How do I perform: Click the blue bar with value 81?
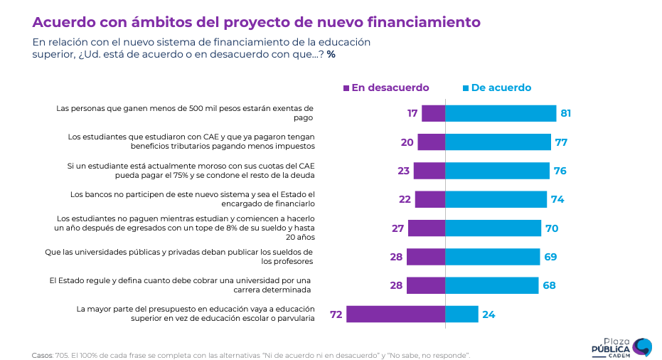501,113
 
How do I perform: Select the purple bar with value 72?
395,314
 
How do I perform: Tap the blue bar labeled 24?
461,314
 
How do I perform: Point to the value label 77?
561,142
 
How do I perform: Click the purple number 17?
412,113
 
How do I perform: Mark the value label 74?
557,199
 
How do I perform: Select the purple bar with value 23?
429,171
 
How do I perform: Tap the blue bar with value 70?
493,228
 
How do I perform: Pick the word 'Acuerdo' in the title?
61,22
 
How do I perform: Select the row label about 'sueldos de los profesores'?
178,256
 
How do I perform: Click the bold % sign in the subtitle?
331,54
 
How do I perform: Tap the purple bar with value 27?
426,228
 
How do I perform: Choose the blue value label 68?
548,285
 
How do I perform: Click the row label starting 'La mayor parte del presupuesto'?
195,314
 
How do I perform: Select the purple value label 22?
405,199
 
